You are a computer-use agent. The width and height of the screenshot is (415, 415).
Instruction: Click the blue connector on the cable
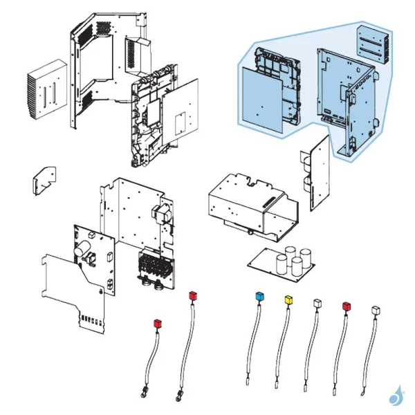tap(260, 296)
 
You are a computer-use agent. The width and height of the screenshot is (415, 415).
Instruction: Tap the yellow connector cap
tap(288, 299)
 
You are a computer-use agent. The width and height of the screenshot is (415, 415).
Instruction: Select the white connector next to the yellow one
tap(317, 303)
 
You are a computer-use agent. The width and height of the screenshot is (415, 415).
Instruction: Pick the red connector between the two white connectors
tap(347, 306)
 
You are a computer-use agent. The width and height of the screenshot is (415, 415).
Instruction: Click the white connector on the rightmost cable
tap(376, 309)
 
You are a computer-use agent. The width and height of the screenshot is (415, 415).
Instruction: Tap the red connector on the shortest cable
tap(157, 322)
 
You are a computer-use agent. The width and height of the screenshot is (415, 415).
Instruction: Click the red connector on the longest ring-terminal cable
tap(193, 296)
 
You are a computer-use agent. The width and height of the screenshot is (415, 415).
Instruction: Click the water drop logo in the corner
tap(396, 396)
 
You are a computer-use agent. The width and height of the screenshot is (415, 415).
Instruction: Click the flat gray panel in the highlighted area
tap(264, 100)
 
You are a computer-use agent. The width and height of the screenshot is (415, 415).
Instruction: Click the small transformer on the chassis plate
tap(164, 216)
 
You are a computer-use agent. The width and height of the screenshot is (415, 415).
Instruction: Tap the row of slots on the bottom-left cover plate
tap(91, 320)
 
